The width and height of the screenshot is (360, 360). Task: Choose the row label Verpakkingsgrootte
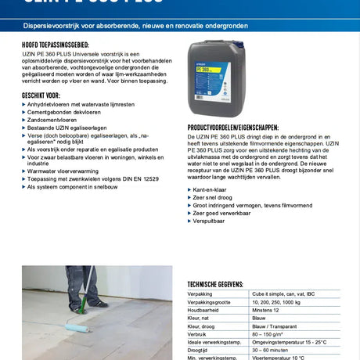click(x=212, y=301)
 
